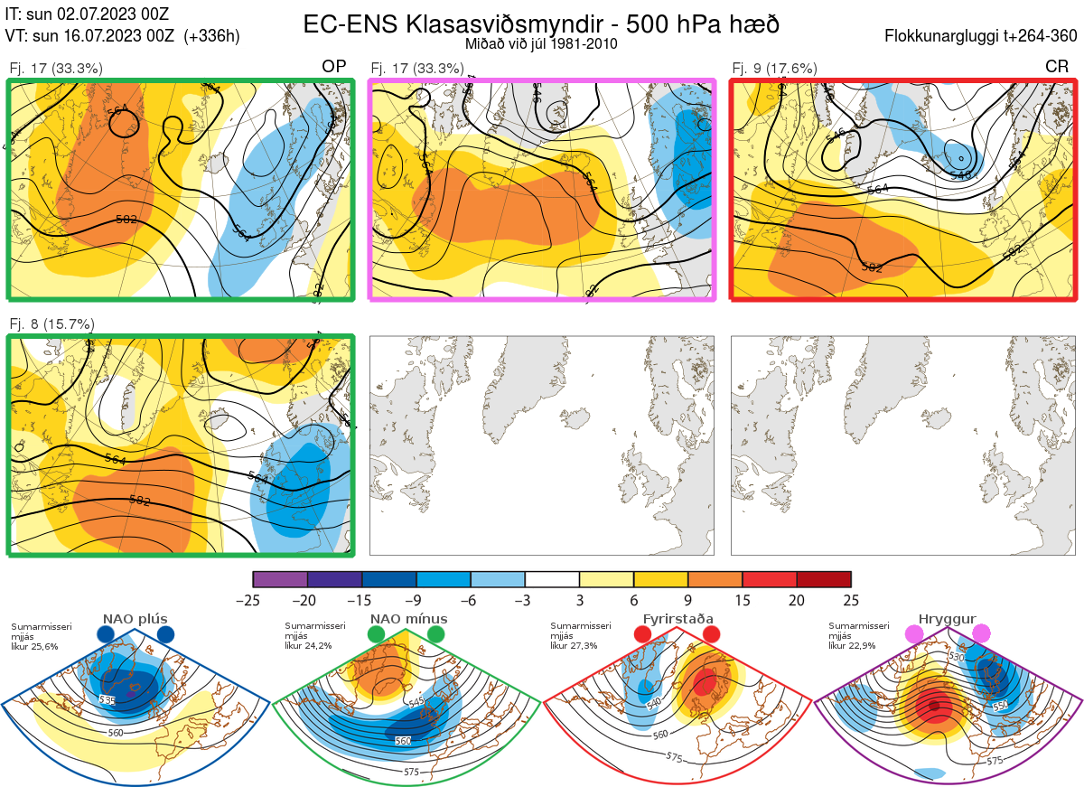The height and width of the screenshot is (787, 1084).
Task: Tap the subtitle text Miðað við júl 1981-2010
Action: tap(540, 43)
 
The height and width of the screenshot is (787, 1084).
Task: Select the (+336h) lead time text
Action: tap(211, 36)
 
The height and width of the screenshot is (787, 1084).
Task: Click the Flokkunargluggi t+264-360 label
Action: tap(985, 36)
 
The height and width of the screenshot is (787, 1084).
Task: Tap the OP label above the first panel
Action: tap(334, 67)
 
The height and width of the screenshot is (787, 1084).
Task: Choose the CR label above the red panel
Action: tap(1057, 67)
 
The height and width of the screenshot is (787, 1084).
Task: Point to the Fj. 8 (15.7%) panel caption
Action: tap(51, 323)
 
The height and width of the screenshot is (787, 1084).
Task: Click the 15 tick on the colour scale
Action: tap(743, 600)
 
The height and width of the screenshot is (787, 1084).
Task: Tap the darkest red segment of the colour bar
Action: tap(824, 579)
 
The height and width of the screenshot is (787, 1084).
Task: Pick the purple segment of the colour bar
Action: tap(280, 579)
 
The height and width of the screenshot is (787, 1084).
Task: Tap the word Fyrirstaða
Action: tap(676, 619)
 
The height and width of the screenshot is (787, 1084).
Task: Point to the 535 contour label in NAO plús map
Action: tap(107, 700)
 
